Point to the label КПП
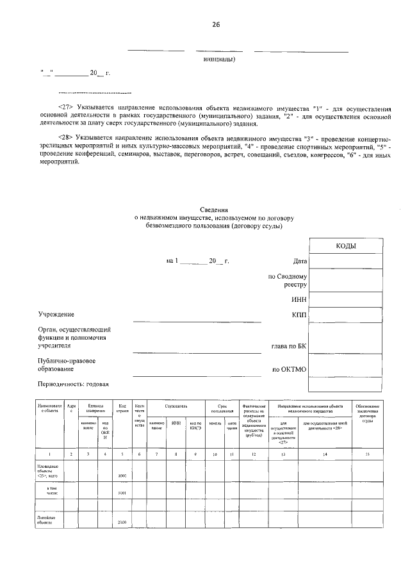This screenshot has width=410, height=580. (x=300, y=315)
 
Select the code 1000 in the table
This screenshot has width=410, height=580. (x=122, y=476)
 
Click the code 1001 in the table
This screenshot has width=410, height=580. (x=122, y=493)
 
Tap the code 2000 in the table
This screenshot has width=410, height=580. (x=122, y=523)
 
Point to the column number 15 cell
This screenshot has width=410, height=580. (x=367, y=454)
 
